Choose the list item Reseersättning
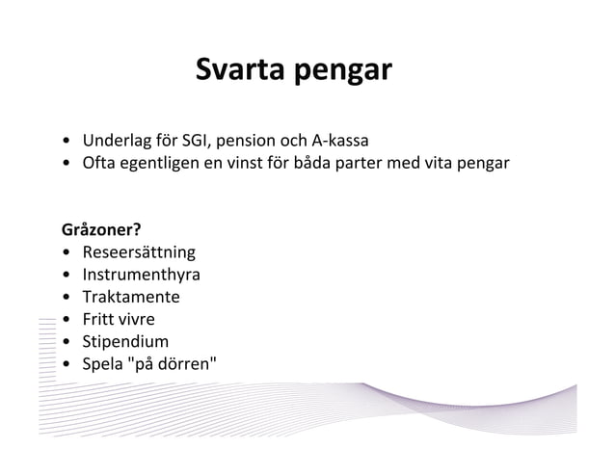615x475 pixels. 139,253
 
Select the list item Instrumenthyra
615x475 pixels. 141,276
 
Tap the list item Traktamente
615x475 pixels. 130,298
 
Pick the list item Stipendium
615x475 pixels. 125,342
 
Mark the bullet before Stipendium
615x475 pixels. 66,342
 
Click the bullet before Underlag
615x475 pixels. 66,139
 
